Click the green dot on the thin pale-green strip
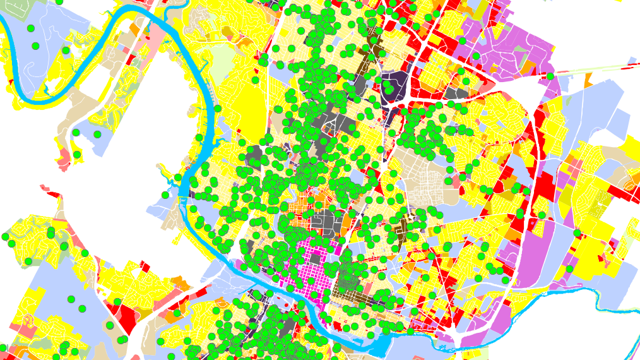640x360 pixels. [x=550, y=76]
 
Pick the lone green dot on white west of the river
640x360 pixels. [x=165, y=195]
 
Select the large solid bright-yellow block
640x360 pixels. [x=252, y=107]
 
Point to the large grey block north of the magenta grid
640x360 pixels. [x=325, y=222]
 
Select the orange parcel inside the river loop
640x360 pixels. [x=135, y=29]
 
